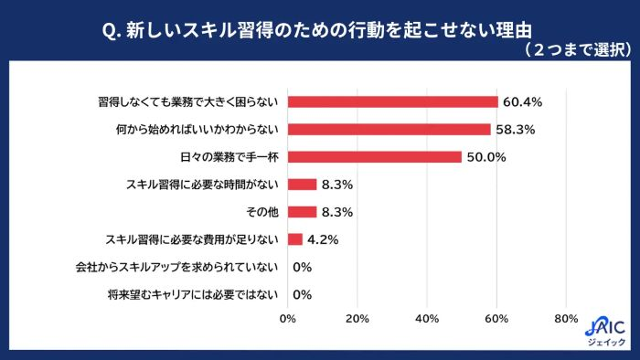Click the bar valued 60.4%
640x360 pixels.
tap(393, 101)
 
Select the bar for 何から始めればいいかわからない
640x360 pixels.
tap(389, 129)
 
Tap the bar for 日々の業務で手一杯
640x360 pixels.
tap(375, 156)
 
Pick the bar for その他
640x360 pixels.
tap(303, 212)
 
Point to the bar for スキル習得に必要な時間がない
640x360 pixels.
tap(303, 185)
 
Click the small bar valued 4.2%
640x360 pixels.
tap(295, 239)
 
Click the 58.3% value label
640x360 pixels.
tap(515, 130)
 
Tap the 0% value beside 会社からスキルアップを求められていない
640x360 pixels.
tap(303, 268)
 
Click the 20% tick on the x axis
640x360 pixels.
tap(357, 319)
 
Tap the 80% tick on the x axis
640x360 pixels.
tap(566, 319)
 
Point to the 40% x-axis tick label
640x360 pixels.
tap(427, 319)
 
